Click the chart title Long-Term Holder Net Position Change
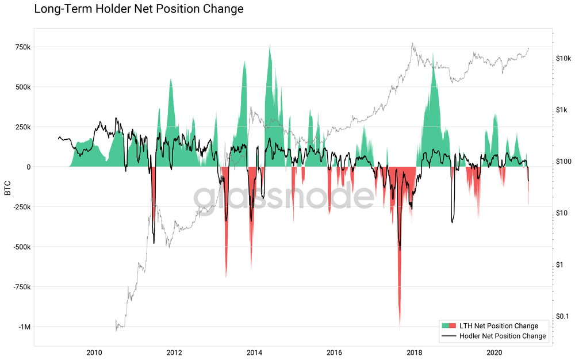point(139,9)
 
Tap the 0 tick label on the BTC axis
point(26,167)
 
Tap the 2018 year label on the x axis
point(414,352)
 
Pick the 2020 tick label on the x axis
point(494,352)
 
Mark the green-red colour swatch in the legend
point(448,326)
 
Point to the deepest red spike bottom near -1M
point(400,330)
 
